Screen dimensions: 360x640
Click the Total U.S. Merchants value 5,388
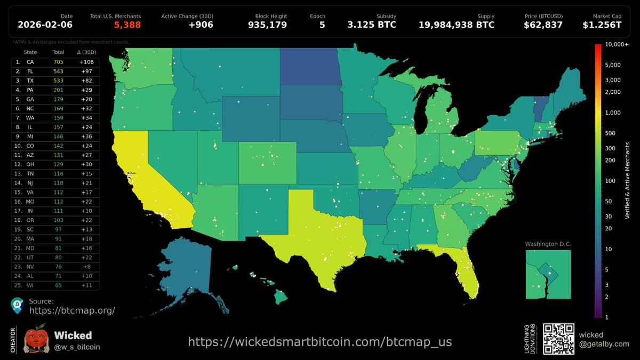(x=127, y=25)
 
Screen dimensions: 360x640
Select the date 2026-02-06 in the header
(x=45, y=25)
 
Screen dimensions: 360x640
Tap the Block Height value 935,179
(x=267, y=25)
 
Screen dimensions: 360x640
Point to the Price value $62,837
(x=543, y=25)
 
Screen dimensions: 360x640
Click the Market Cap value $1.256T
(x=601, y=25)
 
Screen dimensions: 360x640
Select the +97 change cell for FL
(x=86, y=71)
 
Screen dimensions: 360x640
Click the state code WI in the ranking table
(x=30, y=285)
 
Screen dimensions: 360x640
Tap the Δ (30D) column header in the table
(x=86, y=52)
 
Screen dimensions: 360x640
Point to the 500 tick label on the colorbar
(x=610, y=133)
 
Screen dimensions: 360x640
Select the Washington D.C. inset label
(x=548, y=244)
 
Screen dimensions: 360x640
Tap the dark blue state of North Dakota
(x=311, y=67)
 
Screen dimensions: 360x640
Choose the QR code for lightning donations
(x=558, y=339)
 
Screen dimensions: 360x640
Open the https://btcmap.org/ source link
(x=72, y=310)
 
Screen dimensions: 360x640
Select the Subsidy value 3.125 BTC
(x=372, y=25)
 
